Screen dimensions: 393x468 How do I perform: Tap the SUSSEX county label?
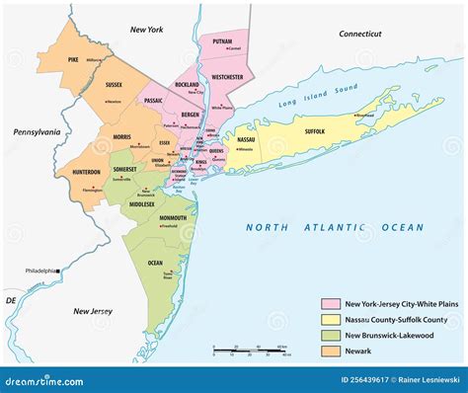[x=114, y=85]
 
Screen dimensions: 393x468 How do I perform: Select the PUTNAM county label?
[x=221, y=42]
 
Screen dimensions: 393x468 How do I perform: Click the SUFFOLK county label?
[x=314, y=130]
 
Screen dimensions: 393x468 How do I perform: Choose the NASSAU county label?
[x=246, y=140]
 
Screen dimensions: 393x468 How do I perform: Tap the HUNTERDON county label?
[x=86, y=172]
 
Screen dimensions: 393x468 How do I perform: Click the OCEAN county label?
[x=155, y=262]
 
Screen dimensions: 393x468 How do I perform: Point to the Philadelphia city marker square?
[x=58, y=270]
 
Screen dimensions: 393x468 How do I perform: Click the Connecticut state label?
[x=359, y=34]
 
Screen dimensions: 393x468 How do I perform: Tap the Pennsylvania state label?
[x=37, y=131]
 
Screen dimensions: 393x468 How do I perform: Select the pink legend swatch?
[x=330, y=304]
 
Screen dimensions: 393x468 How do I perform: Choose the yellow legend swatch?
[x=330, y=319]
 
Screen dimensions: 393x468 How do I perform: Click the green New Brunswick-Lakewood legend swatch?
[x=330, y=334]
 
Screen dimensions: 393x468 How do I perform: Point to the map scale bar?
[x=252, y=350]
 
